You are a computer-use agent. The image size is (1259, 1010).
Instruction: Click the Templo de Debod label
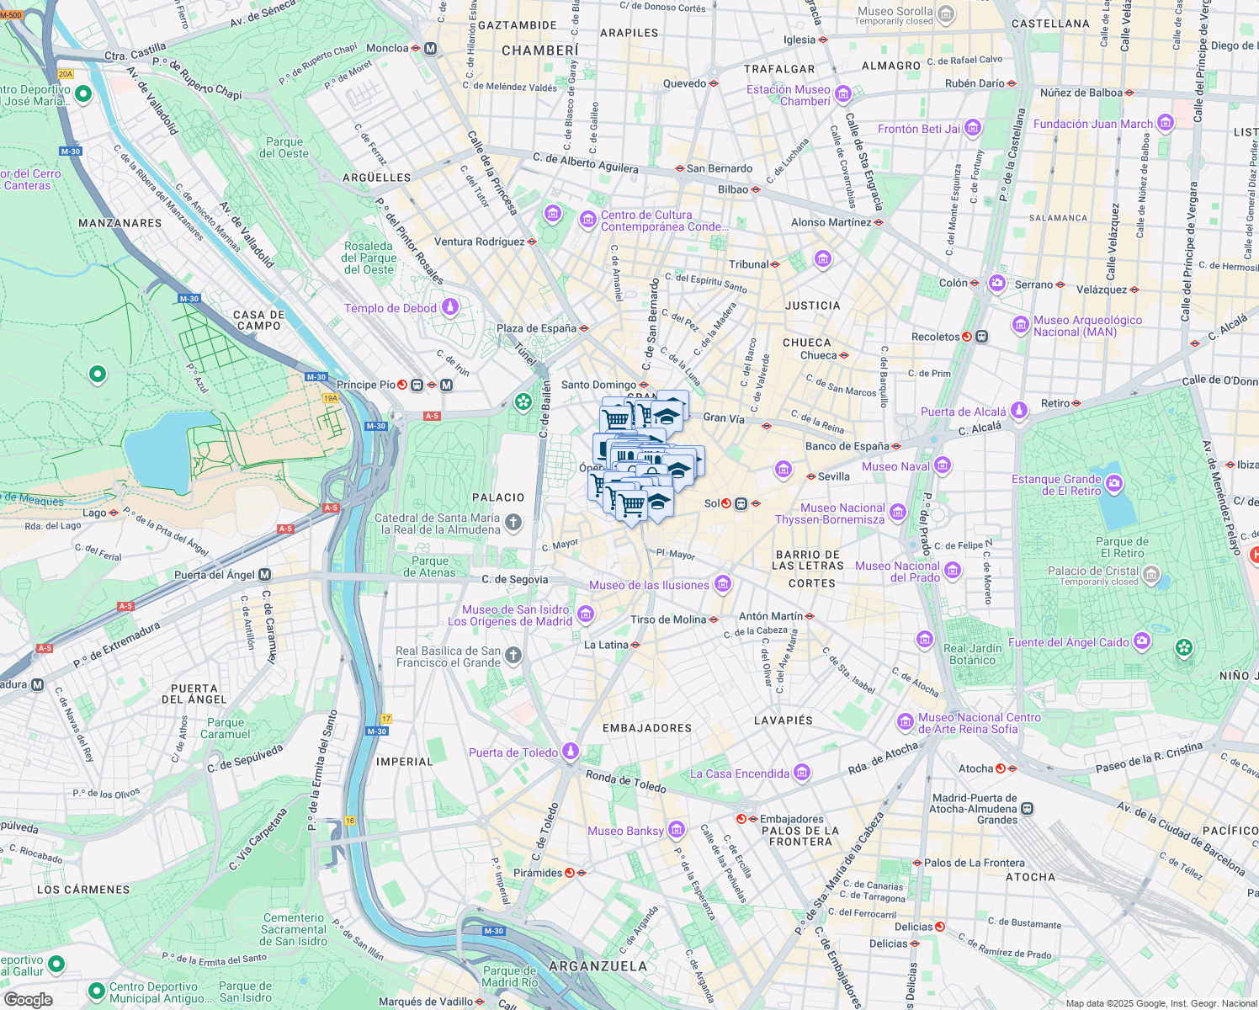tap(390, 309)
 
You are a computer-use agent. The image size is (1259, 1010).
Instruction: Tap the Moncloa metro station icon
tap(431, 49)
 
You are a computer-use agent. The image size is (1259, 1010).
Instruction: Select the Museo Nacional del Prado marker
tap(953, 571)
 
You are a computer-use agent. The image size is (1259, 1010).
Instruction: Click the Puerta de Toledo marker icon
tap(571, 751)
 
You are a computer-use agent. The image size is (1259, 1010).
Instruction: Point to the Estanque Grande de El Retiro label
tap(1056, 485)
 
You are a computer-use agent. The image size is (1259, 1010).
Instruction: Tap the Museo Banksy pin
tap(677, 831)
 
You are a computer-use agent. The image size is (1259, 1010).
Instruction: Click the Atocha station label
tap(975, 768)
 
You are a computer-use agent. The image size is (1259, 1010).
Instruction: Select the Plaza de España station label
tap(536, 328)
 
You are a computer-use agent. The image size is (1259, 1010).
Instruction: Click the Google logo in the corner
tap(28, 1000)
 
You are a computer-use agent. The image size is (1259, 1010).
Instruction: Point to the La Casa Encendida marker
tap(802, 773)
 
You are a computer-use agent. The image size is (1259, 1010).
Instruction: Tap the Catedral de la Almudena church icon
tap(513, 524)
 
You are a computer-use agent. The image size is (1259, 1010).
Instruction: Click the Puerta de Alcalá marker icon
tap(1019, 411)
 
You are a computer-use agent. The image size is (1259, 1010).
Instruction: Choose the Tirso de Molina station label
tap(668, 619)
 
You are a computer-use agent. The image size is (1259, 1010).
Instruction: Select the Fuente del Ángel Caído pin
tap(1142, 641)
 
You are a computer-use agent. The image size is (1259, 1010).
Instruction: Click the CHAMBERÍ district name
tap(539, 50)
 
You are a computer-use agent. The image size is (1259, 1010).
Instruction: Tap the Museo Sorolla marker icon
tap(946, 14)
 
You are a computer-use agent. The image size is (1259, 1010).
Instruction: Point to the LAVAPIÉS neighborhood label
tap(783, 720)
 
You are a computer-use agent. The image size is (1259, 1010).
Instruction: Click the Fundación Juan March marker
tap(1166, 123)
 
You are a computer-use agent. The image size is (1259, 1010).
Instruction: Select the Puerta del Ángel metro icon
tap(264, 575)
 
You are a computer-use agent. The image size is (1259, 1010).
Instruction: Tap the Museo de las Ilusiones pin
tap(722, 584)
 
